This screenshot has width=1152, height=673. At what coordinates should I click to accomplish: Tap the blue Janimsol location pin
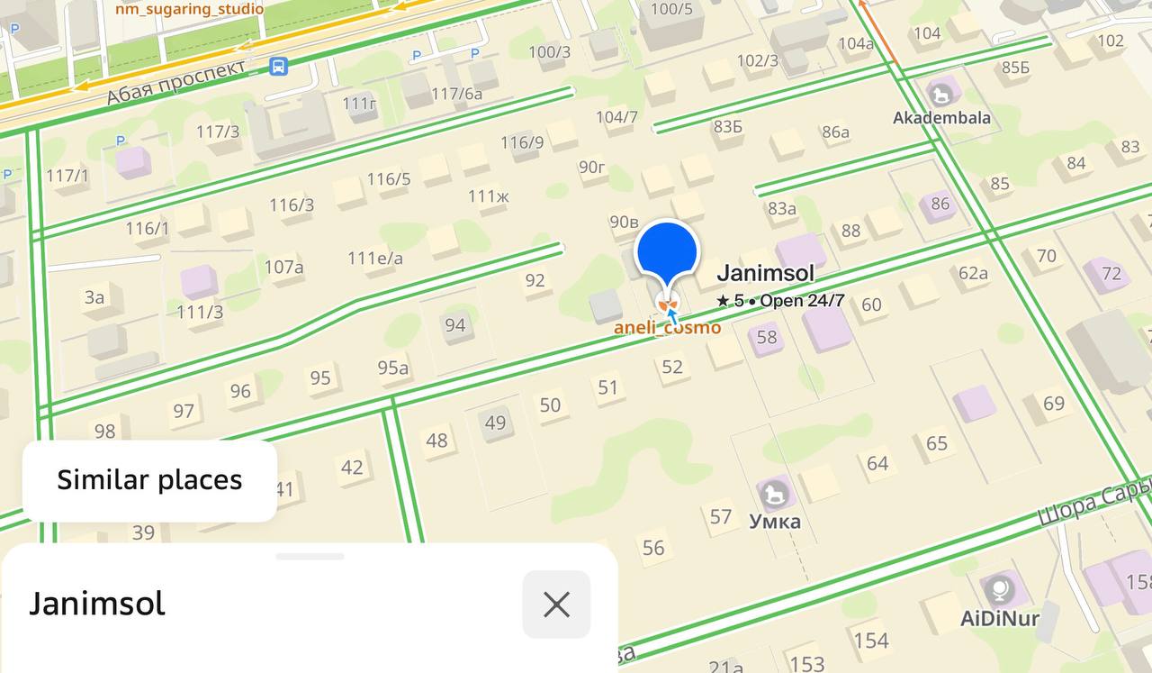tap(667, 253)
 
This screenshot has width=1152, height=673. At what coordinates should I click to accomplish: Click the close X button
tap(556, 605)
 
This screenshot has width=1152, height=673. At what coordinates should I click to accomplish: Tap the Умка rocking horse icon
tap(775, 493)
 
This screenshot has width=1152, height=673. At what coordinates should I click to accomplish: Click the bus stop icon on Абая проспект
tap(278, 66)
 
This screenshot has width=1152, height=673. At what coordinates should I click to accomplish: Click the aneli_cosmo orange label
tap(667, 328)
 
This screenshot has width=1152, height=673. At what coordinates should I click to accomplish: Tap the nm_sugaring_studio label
tap(189, 9)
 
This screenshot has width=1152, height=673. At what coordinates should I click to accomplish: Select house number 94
tap(455, 324)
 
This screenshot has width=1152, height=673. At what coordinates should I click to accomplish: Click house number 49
tap(495, 423)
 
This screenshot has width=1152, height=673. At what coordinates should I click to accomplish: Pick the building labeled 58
tap(767, 338)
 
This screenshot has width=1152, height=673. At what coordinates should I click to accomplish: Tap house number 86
tap(940, 204)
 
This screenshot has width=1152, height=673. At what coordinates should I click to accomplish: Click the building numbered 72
tap(1111, 273)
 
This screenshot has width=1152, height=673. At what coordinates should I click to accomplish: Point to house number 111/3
tap(200, 312)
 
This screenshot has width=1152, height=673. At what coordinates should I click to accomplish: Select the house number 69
tap(1054, 403)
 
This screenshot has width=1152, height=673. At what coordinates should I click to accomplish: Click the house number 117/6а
tap(456, 94)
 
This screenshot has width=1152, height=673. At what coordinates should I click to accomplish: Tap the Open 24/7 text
tap(802, 301)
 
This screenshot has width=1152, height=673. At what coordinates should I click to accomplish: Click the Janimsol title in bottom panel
tap(97, 604)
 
